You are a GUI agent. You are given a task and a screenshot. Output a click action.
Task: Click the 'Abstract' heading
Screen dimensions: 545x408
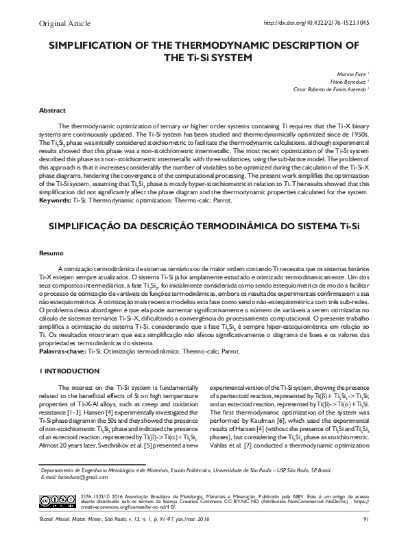click(x=53, y=110)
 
